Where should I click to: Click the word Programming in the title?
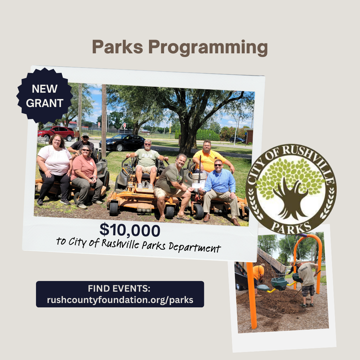(208, 48)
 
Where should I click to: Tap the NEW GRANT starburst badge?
(45, 96)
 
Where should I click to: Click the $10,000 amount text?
(130, 230)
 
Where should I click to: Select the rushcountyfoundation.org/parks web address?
(120, 300)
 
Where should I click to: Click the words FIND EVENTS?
(119, 288)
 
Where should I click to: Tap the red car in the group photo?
(56, 132)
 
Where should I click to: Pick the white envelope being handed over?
(198, 185)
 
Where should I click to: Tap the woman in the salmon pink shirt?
(86, 177)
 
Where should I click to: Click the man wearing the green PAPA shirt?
(147, 163)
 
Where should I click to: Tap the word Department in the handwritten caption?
(195, 247)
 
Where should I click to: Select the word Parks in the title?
(118, 47)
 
